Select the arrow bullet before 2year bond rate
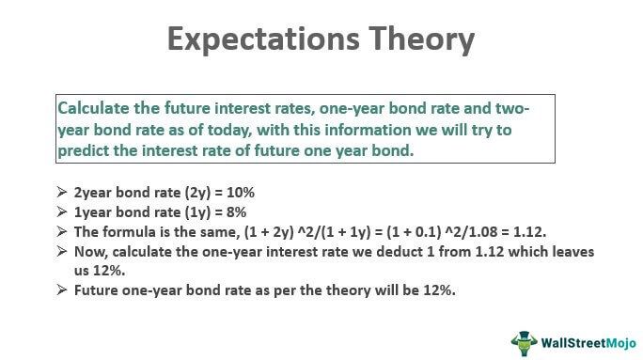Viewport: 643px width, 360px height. click(x=62, y=191)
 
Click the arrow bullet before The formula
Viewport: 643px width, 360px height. click(x=62, y=230)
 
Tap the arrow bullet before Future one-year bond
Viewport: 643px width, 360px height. click(x=62, y=290)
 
